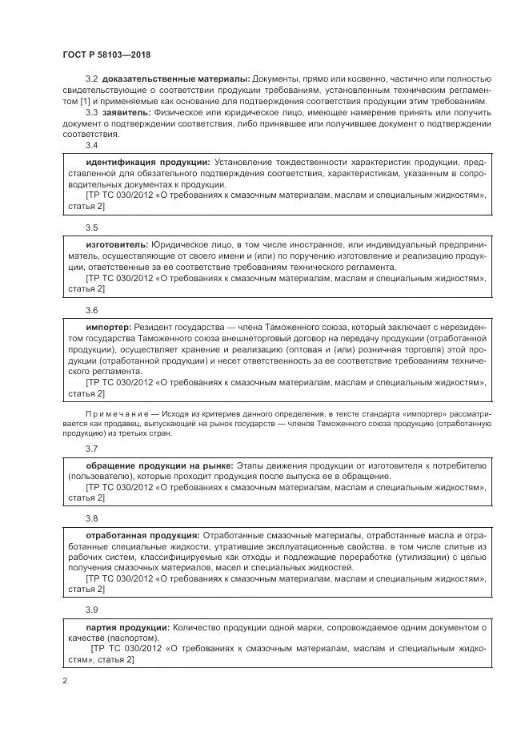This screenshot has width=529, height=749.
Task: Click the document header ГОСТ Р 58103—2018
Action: click(106, 54)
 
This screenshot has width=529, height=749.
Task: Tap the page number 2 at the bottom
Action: click(65, 681)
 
